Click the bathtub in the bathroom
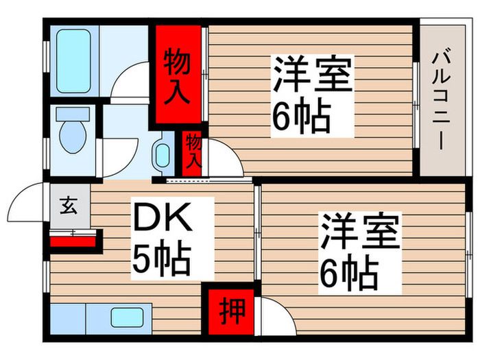(x=73, y=61)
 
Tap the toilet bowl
(x=73, y=136)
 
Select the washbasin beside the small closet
(x=163, y=155)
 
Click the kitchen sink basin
(x=127, y=317)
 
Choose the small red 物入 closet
(x=192, y=154)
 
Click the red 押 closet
(x=232, y=311)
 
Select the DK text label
(x=163, y=217)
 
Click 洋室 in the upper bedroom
(x=313, y=74)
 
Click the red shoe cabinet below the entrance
(x=73, y=241)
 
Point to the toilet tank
(x=73, y=113)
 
